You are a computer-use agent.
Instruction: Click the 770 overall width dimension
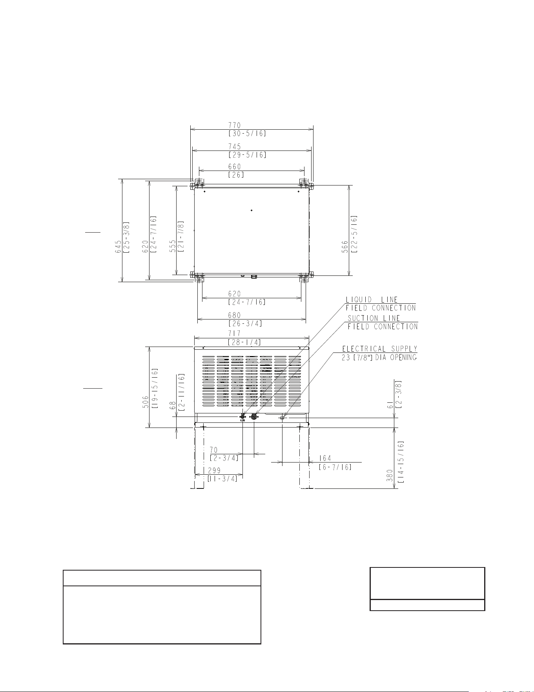tap(235, 125)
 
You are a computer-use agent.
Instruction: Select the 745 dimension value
tap(235, 147)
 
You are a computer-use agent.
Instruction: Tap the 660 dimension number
tap(235, 167)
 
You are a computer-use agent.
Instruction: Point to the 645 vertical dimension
tap(118, 247)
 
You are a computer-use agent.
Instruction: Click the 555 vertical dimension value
tap(172, 247)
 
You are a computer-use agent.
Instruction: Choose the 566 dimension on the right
tap(345, 247)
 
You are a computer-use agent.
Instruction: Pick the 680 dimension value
tap(235, 315)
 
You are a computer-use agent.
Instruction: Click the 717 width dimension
tap(235, 334)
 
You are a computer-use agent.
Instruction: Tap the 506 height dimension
tap(145, 402)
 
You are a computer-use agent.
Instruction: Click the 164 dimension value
tap(325, 458)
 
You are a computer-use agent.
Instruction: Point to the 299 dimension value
tap(214, 470)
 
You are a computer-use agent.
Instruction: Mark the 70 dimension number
tap(214, 450)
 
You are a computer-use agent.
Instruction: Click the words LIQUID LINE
tap(372, 300)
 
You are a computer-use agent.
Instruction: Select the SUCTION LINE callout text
tap(374, 318)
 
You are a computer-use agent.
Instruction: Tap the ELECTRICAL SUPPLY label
tap(380, 349)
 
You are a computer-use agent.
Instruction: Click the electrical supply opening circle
tap(282, 418)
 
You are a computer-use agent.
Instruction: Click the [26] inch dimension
tap(236, 175)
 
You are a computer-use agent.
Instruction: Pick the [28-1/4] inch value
tap(244, 342)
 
